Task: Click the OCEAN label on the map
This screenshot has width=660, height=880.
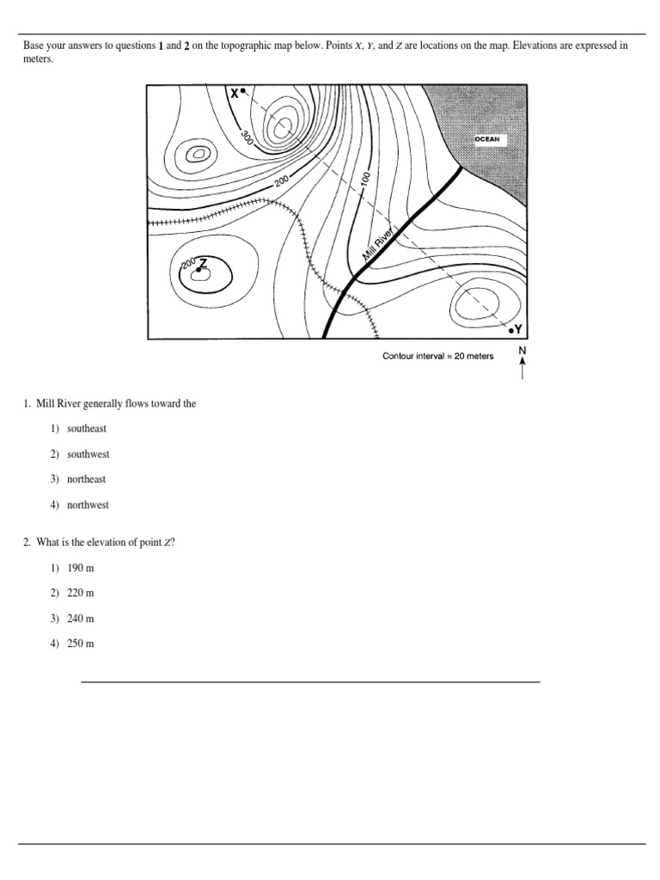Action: pos(487,138)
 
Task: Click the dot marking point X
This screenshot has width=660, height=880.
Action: pos(243,90)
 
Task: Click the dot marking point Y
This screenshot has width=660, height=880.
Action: pos(511,329)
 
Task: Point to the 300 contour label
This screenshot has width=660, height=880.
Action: pos(247,137)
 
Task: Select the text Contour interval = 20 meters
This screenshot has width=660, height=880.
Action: pos(437,357)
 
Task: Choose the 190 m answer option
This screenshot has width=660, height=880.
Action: pos(80,567)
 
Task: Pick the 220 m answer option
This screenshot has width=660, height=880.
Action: pos(80,593)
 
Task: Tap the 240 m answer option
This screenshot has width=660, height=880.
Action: pos(80,618)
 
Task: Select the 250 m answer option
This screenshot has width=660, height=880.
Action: pos(80,644)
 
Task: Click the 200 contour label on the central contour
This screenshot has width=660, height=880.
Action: pos(282,181)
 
